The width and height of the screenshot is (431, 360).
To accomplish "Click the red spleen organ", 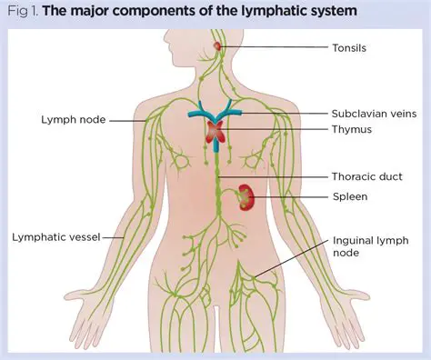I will tap(245, 196).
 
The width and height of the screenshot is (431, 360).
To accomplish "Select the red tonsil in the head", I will tap(216, 45).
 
